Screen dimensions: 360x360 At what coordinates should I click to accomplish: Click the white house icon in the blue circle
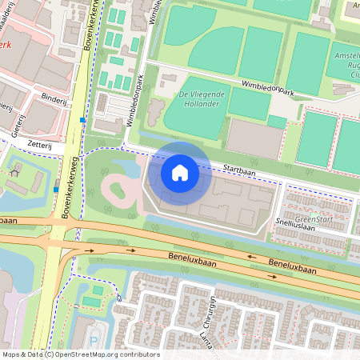point(180,172)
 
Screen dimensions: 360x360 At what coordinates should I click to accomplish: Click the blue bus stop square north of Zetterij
point(83,120)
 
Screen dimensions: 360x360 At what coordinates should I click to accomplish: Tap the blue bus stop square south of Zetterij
point(56,189)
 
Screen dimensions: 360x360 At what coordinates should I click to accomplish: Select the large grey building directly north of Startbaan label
point(254,138)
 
